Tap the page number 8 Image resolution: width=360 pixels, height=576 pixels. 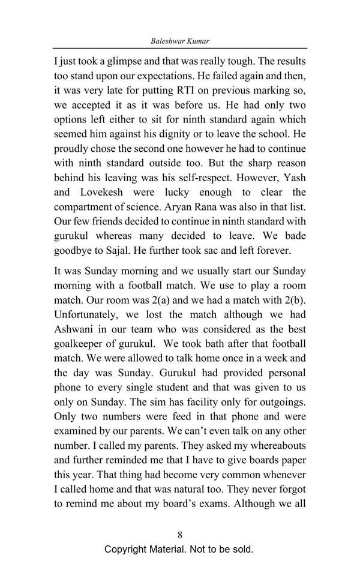(180, 535)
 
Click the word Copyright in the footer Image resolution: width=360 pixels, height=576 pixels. (128, 549)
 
